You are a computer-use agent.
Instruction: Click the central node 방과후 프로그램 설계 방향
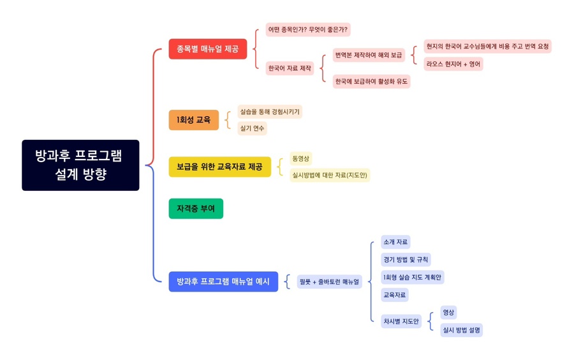80,165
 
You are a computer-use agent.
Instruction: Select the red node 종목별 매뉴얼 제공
207,49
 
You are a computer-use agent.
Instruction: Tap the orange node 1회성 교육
193,120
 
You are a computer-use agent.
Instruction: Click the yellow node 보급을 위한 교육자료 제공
219,167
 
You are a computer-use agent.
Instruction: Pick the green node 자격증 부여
196,209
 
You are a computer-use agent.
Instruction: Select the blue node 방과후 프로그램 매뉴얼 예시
223,281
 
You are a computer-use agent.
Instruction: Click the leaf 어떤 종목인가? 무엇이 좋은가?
308,29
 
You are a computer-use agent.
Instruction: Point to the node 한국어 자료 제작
290,68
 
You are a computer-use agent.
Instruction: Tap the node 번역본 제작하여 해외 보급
369,56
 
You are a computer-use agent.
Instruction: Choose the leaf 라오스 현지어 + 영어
453,64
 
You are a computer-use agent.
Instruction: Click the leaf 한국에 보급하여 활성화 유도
371,81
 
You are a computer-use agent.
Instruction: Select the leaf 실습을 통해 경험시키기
269,112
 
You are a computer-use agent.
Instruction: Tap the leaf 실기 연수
252,128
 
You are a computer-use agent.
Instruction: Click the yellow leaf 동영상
300,158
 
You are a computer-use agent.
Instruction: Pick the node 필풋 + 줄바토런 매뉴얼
329,281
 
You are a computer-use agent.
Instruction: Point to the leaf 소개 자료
395,242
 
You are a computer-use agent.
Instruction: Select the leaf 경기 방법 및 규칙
406,259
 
